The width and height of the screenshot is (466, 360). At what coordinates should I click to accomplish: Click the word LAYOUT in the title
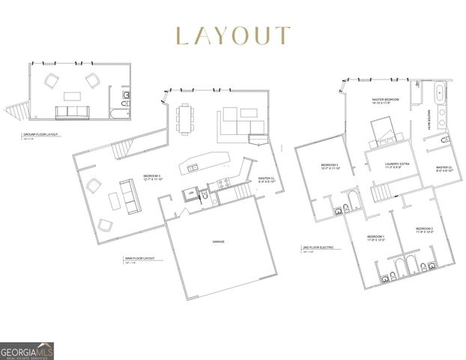pos(232,35)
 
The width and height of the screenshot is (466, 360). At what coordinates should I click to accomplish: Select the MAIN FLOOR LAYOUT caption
pos(139,258)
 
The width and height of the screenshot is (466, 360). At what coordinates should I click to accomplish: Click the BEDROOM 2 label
pos(424,229)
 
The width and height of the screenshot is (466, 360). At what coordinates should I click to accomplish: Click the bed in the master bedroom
pos(388,130)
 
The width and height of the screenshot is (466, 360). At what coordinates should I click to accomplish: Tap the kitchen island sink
pos(193,168)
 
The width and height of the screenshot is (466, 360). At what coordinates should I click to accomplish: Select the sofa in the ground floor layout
pos(72,112)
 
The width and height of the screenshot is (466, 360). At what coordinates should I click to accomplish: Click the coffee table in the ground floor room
pos(72,95)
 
